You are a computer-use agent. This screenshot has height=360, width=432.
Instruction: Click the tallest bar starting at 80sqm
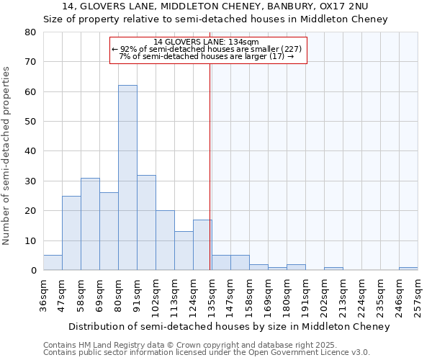tap(127, 178)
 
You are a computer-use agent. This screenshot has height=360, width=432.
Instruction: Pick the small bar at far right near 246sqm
tap(408, 269)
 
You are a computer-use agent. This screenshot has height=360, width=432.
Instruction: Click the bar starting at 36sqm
tap(53, 263)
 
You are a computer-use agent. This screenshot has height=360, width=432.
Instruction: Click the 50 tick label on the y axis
tap(30, 122)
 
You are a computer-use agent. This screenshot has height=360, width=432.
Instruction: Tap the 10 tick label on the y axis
tap(30, 240)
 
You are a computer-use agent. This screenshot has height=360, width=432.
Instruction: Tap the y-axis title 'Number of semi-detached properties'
tap(7, 155)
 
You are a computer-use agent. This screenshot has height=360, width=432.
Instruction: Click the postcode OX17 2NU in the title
tap(345, 6)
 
